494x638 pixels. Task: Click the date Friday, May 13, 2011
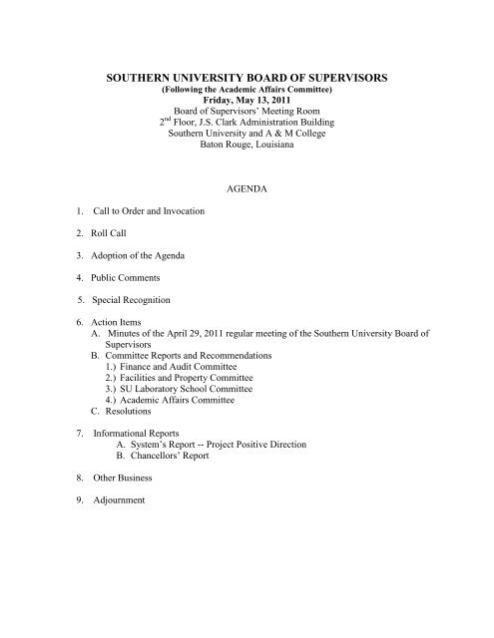point(246,99)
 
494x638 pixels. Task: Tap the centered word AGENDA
point(246,185)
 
